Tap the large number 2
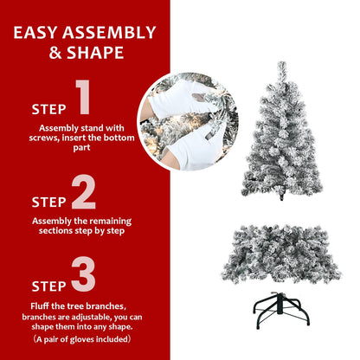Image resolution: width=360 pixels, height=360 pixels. point(84,193)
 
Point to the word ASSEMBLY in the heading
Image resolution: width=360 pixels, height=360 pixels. point(110,34)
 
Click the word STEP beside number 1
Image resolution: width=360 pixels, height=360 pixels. point(48,110)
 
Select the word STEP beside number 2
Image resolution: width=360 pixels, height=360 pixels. point(48,202)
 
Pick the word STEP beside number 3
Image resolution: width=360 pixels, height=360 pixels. point(48,285)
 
